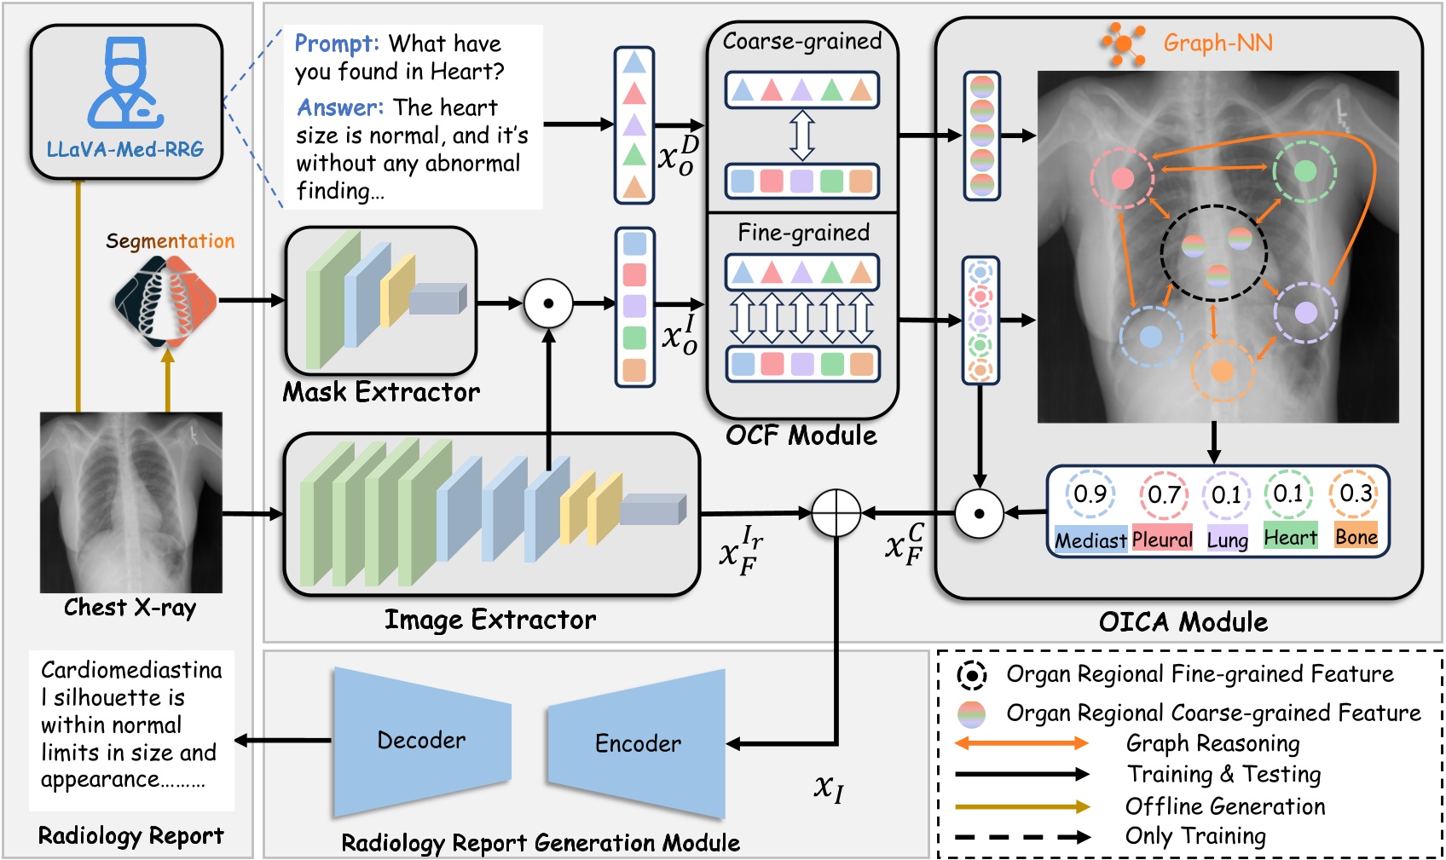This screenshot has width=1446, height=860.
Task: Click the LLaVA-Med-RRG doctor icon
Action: click(125, 84)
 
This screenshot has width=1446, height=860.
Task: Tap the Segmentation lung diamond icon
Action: click(167, 301)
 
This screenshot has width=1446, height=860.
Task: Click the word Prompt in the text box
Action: click(335, 43)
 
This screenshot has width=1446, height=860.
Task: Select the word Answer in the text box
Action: click(339, 107)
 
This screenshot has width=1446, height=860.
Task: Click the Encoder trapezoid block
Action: click(637, 743)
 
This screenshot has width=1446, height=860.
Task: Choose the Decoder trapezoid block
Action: click(421, 740)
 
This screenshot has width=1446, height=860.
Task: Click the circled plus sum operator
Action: click(836, 513)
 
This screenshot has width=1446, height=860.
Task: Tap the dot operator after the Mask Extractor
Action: click(548, 303)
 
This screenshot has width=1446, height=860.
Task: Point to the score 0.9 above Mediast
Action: click(1090, 494)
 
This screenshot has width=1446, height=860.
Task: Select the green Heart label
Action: click(1290, 538)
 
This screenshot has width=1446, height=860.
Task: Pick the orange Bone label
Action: click(1356, 538)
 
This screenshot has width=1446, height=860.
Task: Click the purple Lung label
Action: click(1227, 540)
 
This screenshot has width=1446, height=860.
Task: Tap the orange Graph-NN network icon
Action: click(1122, 43)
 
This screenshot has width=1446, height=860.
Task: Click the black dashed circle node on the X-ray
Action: click(1214, 253)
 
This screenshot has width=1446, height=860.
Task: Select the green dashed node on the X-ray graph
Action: click(1304, 171)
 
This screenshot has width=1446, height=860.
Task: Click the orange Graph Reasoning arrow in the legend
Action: click(1021, 743)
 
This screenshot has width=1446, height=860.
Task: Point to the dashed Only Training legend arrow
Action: click(1021, 837)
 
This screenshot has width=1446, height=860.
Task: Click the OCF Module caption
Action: click(801, 436)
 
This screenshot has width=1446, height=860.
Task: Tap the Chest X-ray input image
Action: click(131, 502)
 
